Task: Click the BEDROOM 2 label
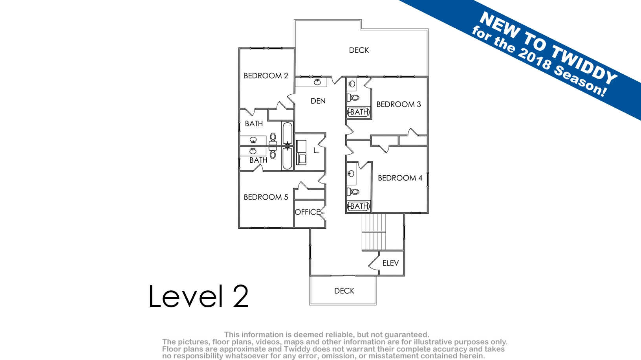click(266, 75)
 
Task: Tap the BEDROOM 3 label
click(399, 104)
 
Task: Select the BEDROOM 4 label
click(400, 178)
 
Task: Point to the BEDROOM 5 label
click(266, 197)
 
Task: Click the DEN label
click(318, 101)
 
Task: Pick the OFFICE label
click(307, 212)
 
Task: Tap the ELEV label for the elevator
click(390, 263)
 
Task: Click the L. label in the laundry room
click(316, 151)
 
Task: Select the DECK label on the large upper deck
click(359, 50)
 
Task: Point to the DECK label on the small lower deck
click(344, 291)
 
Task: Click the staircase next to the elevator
click(374, 232)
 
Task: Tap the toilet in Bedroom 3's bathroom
click(353, 97)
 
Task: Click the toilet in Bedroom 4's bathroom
click(353, 191)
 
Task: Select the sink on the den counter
click(317, 82)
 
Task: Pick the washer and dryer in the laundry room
click(301, 152)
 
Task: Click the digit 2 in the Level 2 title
click(240, 296)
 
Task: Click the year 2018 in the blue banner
click(534, 61)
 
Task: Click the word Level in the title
click(186, 296)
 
